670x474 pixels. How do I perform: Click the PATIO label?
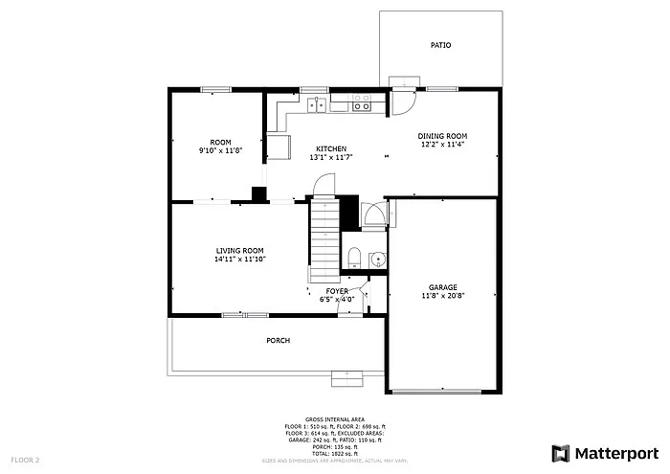point(440,45)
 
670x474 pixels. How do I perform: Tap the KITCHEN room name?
point(331,148)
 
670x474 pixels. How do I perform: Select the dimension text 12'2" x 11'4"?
point(441,145)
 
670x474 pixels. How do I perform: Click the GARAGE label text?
point(442,287)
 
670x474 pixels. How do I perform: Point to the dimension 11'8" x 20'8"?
point(442,296)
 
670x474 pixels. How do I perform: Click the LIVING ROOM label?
point(238,250)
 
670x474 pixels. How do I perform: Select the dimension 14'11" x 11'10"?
point(238,259)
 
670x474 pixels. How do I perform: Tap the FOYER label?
point(337,290)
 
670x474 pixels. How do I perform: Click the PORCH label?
point(278,340)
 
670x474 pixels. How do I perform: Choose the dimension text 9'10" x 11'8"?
point(221,150)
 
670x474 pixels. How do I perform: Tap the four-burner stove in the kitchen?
point(362,104)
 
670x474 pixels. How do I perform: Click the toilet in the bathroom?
point(353,256)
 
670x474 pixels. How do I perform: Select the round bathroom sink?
point(376,258)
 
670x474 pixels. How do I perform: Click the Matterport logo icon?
point(562,452)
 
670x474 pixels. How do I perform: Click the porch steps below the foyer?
point(348,379)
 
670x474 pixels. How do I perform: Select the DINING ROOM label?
point(441,136)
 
